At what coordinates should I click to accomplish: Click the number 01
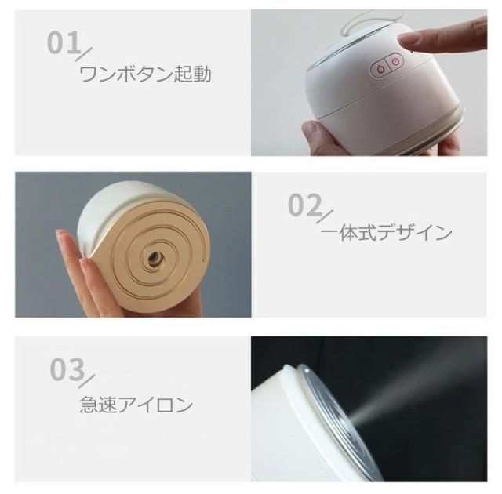64,42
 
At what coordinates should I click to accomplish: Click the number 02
304,205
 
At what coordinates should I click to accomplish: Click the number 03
67,369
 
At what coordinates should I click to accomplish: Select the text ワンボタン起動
145,74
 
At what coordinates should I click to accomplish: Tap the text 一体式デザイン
386,232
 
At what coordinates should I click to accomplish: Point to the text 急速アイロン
136,405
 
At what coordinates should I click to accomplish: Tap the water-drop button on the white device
380,69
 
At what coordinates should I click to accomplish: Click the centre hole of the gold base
155,257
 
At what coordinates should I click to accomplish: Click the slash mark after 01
84,54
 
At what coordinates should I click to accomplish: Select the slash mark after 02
325,217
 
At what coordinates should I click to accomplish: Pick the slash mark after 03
86,381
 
